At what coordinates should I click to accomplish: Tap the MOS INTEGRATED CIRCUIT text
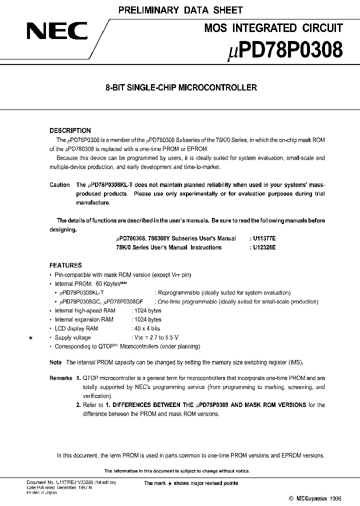pyautogui.click(x=273, y=28)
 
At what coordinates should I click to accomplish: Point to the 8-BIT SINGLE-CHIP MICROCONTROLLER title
pyautogui.click(x=180, y=87)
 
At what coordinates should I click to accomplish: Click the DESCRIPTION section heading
pyautogui.click(x=70, y=130)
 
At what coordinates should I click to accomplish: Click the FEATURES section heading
pyautogui.click(x=65, y=265)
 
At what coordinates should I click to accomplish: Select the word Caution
pyautogui.click(x=59, y=185)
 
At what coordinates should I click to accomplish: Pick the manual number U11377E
pyautogui.click(x=262, y=239)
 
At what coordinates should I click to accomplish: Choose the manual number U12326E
pyautogui.click(x=262, y=247)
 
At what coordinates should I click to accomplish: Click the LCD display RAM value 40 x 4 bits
pyautogui.click(x=147, y=328)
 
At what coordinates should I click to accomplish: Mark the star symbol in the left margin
pyautogui.click(x=30, y=338)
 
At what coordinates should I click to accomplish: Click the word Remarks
pyautogui.click(x=61, y=378)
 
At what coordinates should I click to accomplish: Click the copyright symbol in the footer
pyautogui.click(x=291, y=498)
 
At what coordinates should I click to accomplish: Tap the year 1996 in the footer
pyautogui.click(x=335, y=498)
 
